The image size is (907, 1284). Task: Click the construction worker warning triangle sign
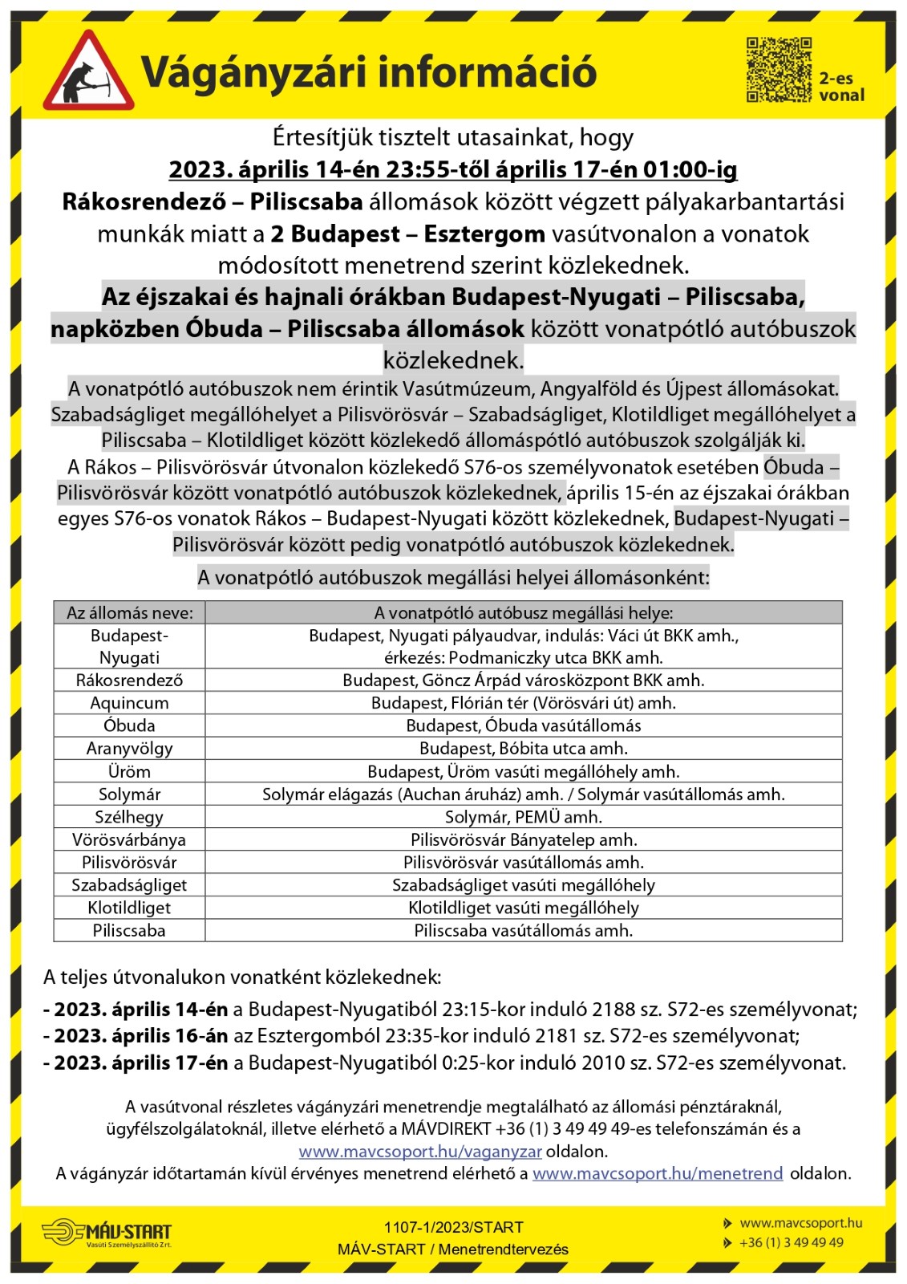[x=88, y=73]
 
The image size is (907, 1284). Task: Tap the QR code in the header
[x=779, y=70]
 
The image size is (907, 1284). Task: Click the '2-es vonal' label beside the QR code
[x=841, y=87]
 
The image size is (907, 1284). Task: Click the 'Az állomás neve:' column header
[x=130, y=613]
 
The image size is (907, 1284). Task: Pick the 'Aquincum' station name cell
[x=130, y=703]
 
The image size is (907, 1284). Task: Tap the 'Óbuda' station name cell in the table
[x=130, y=725]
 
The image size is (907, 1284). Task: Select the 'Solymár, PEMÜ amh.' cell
[x=523, y=817]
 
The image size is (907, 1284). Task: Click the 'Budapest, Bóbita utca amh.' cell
[x=523, y=749]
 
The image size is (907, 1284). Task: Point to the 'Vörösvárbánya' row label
[x=130, y=840]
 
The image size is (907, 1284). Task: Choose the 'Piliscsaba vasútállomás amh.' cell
[x=523, y=931]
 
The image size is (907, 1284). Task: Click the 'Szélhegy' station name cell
[x=130, y=817]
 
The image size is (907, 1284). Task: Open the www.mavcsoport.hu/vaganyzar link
[x=420, y=1152]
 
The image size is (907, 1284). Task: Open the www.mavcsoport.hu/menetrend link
[x=658, y=1173]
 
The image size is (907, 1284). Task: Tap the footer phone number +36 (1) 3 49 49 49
[x=791, y=1242]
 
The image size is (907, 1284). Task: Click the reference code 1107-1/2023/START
[x=453, y=1227]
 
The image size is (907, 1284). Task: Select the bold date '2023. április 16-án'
[x=136, y=1036]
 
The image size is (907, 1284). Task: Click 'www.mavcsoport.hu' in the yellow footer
[x=800, y=1223]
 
